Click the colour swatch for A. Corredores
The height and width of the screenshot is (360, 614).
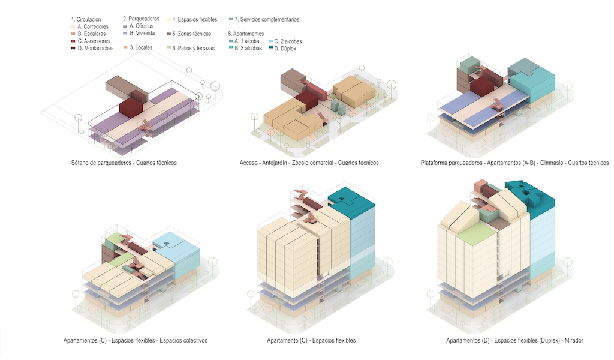(x=73, y=26)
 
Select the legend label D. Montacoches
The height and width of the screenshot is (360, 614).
(x=95, y=48)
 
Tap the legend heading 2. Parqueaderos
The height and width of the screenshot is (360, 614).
(x=141, y=19)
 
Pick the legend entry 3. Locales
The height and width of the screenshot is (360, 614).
(x=141, y=47)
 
